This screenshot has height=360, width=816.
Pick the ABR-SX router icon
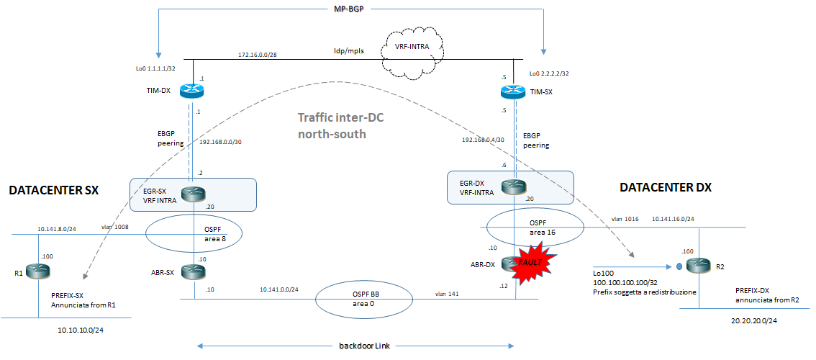click(194, 271)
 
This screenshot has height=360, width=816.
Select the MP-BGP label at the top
click(350, 9)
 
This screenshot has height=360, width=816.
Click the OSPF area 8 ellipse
click(194, 234)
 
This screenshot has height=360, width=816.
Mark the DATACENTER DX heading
click(665, 187)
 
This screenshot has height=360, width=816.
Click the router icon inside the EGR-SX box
click(194, 192)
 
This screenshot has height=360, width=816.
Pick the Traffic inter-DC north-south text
click(335, 126)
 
